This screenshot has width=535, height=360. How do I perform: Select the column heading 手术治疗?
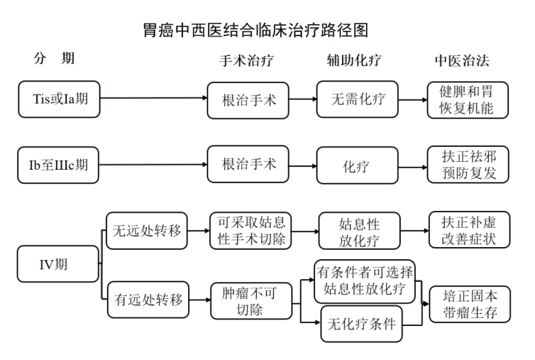[248, 60]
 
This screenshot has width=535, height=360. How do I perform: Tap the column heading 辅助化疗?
[353, 60]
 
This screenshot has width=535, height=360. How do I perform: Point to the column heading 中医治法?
[462, 60]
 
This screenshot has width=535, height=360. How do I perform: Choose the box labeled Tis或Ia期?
[59, 99]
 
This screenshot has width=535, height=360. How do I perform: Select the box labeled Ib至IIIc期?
[59, 165]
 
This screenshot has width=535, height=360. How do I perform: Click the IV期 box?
[58, 264]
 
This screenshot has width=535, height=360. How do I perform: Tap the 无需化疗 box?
[358, 99]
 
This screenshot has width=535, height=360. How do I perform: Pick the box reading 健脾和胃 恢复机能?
[469, 99]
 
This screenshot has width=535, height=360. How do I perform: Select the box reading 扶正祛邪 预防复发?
[469, 165]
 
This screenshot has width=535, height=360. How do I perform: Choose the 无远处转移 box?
[147, 230]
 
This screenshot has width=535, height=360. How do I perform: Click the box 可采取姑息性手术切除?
[251, 230]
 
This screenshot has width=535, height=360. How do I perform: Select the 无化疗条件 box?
[362, 324]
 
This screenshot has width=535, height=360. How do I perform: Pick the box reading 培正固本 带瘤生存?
[469, 304]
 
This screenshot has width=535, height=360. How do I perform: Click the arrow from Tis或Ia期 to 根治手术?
[153, 99]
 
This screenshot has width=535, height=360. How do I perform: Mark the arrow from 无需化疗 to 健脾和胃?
[412, 99]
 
